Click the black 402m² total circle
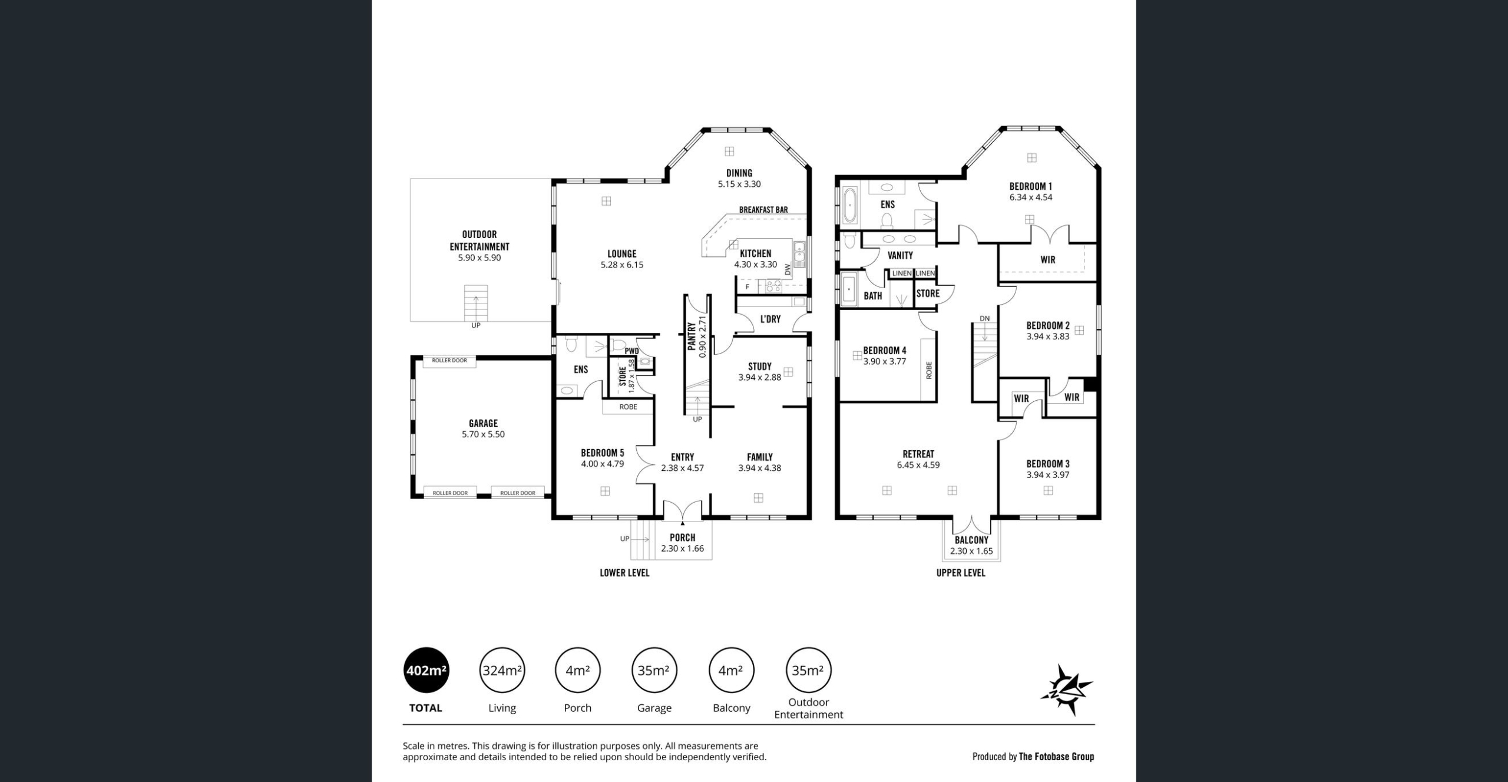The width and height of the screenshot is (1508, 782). click(x=426, y=670)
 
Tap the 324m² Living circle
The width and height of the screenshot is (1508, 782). click(x=502, y=670)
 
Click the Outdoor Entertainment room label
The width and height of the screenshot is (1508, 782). click(x=479, y=240)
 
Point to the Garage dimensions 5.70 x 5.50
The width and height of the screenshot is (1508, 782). click(x=483, y=434)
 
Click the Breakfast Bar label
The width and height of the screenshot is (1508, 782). click(x=763, y=210)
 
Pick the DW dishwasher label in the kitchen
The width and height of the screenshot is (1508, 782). click(x=788, y=269)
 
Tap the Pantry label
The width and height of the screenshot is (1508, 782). click(x=692, y=336)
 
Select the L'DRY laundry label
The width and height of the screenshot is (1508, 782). click(x=770, y=319)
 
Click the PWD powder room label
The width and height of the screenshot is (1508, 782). click(x=631, y=351)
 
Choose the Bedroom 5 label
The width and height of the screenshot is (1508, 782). click(x=602, y=453)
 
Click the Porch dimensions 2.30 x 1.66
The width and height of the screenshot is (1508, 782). click(x=682, y=549)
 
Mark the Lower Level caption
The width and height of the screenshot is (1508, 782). click(x=624, y=573)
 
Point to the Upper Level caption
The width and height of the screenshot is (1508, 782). click(x=961, y=573)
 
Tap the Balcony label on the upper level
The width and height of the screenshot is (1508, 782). click(x=971, y=540)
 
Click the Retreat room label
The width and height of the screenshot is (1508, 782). click(x=918, y=454)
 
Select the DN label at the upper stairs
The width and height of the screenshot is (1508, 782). click(x=985, y=319)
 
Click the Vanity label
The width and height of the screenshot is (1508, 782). click(x=900, y=255)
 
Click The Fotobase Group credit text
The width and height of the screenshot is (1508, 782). click(x=1056, y=757)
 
